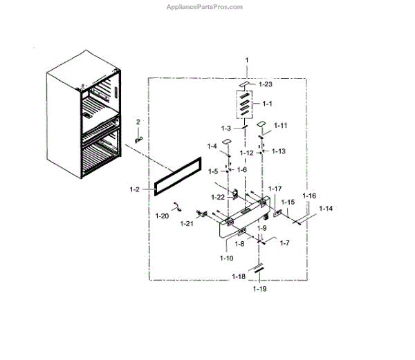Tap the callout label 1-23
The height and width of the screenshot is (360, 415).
pyautogui.click(x=266, y=84)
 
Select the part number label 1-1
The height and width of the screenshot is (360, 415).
pyautogui.click(x=268, y=104)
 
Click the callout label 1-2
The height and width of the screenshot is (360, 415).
pyautogui.click(x=136, y=188)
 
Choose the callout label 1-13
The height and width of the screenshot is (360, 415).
pyautogui.click(x=278, y=151)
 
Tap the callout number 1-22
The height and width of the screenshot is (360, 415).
pyautogui.click(x=219, y=198)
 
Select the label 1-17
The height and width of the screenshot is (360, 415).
pyautogui.click(x=275, y=188)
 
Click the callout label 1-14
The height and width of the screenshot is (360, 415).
pyautogui.click(x=325, y=208)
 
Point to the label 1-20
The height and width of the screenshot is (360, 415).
pyautogui.click(x=162, y=216)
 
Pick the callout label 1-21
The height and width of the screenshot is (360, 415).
pyautogui.click(x=186, y=224)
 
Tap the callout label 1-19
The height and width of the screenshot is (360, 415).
pyautogui.click(x=259, y=289)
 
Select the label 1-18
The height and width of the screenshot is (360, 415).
pyautogui.click(x=238, y=276)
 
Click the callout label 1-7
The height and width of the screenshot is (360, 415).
pyautogui.click(x=284, y=243)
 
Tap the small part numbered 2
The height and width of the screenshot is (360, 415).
pyautogui.click(x=138, y=138)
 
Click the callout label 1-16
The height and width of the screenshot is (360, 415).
pyautogui.click(x=308, y=196)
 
